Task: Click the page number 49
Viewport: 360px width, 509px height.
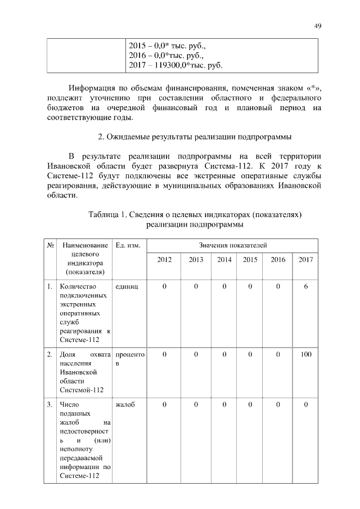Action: tap(317, 25)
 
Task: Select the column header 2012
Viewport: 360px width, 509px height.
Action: tap(164, 260)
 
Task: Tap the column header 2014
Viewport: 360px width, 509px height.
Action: tap(224, 260)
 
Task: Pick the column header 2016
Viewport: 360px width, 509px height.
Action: tap(278, 260)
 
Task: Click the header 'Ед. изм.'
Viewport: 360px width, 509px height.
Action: tap(128, 246)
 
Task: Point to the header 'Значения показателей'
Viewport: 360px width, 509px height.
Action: tap(233, 246)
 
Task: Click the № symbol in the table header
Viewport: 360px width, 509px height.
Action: tap(50, 246)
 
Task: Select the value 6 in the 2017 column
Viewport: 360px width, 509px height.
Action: tap(305, 287)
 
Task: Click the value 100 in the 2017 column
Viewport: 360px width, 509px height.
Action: tap(305, 354)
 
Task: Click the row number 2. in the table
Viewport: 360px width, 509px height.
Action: tap(50, 354)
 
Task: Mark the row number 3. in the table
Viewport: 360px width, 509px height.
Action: tap(50, 404)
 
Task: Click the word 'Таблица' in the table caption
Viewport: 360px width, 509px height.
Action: tap(107, 214)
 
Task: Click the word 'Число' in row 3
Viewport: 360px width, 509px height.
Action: tap(69, 404)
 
